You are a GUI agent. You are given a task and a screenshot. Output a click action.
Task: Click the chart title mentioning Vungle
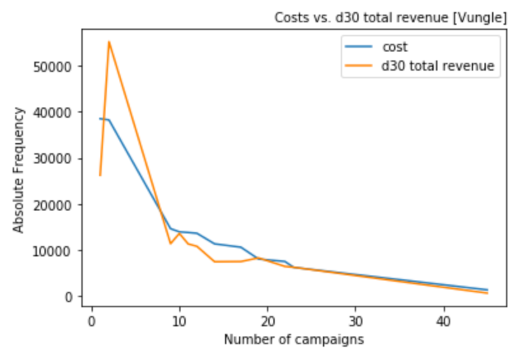pos(390,17)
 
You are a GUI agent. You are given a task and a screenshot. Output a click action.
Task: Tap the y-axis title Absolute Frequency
pos(18,170)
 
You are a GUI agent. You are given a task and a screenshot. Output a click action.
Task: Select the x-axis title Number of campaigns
pos(294,340)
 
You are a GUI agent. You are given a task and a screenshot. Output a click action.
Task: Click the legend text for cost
pos(395,47)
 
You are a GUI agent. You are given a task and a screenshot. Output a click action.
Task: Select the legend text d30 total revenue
pos(438,66)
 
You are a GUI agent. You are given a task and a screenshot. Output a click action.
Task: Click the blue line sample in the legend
pos(359,48)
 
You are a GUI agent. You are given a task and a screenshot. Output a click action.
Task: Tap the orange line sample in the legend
pos(359,66)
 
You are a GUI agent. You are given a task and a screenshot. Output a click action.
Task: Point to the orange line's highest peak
pos(109,42)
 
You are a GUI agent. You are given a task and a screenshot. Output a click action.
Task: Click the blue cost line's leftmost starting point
pos(100,119)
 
